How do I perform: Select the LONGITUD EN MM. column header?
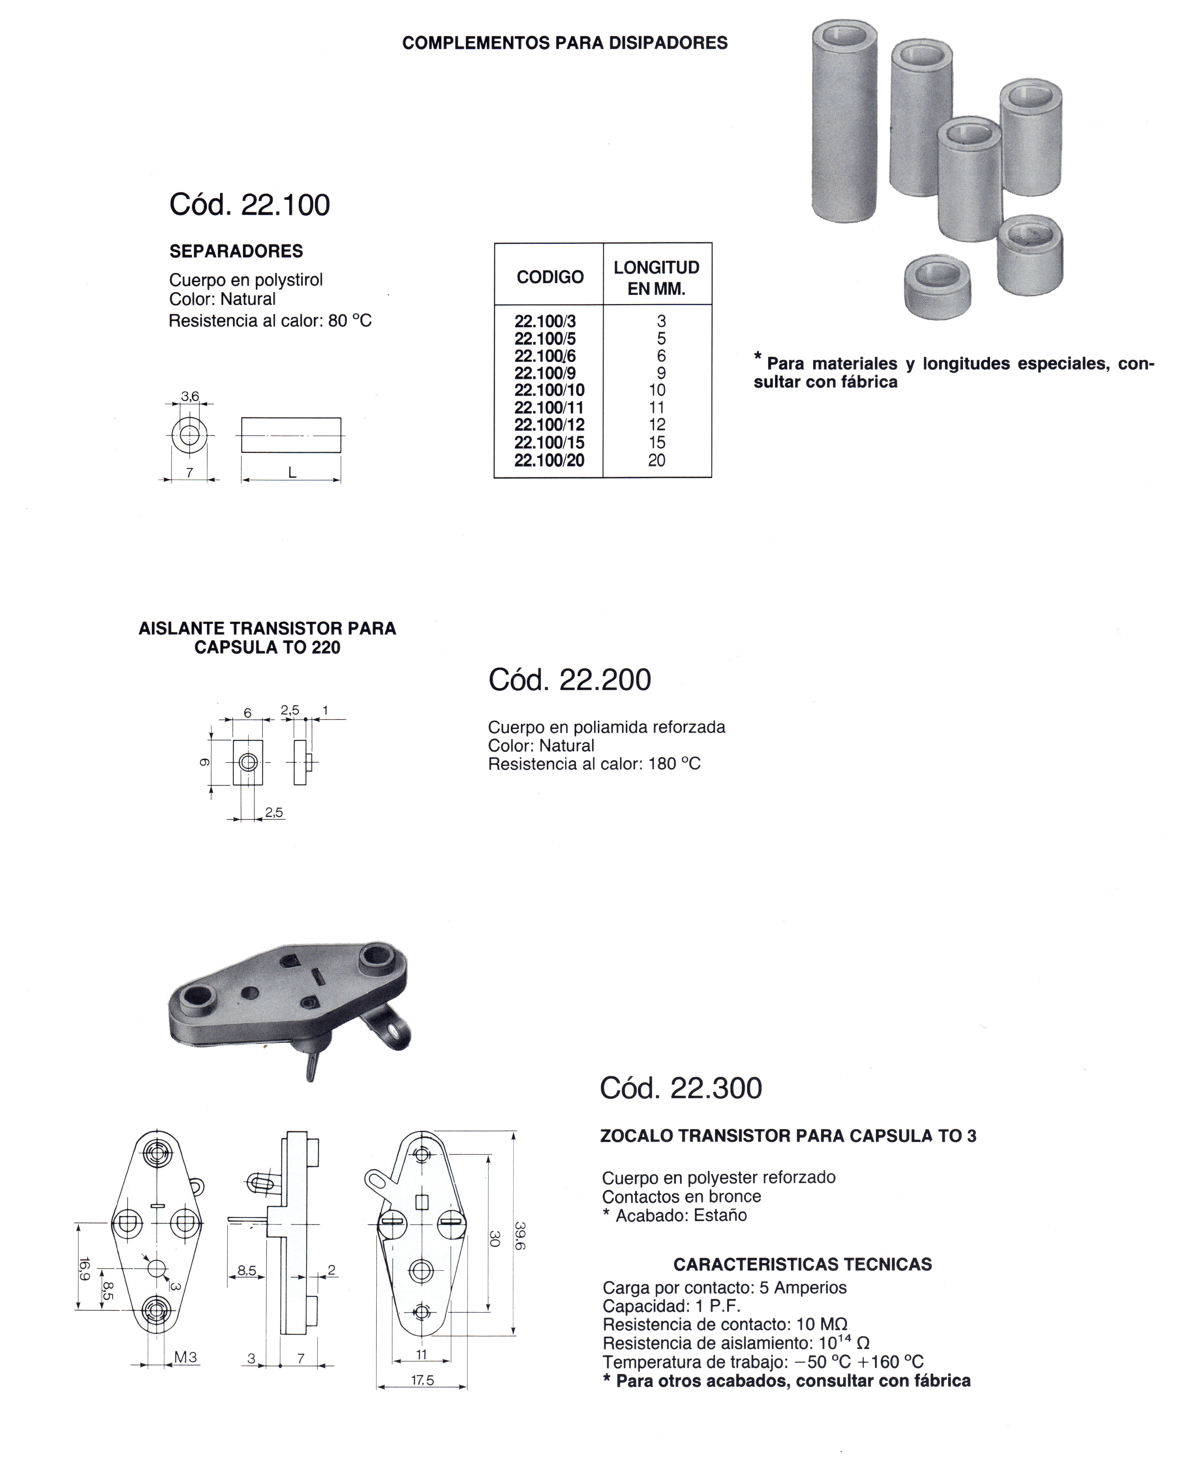pos(656,278)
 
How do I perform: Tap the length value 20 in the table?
pos(656,460)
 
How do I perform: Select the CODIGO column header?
pos(549,277)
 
